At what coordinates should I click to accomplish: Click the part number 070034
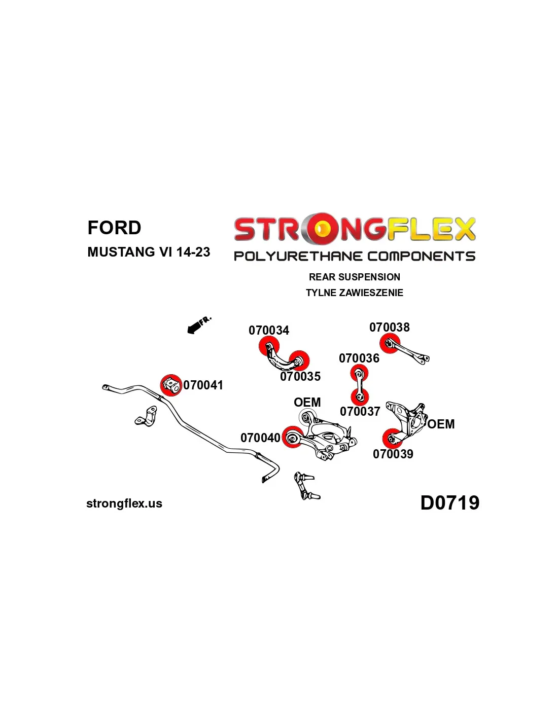click(268, 330)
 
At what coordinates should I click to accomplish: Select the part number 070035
click(300, 376)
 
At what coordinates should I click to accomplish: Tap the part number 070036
click(359, 358)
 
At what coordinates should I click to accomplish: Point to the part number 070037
click(360, 411)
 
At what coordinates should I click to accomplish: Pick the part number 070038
click(390, 327)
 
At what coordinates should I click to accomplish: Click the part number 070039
click(393, 454)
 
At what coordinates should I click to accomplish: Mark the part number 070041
click(203, 385)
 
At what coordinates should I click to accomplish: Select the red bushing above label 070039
click(392, 439)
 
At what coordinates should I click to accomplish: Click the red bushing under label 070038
click(390, 344)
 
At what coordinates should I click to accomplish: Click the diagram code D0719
click(450, 502)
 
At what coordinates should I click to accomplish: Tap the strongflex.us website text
click(124, 503)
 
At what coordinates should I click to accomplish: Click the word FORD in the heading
click(114, 228)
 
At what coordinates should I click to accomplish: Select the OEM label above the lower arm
click(307, 402)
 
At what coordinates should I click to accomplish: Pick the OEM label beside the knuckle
click(441, 424)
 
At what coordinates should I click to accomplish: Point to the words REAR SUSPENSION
click(355, 277)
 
